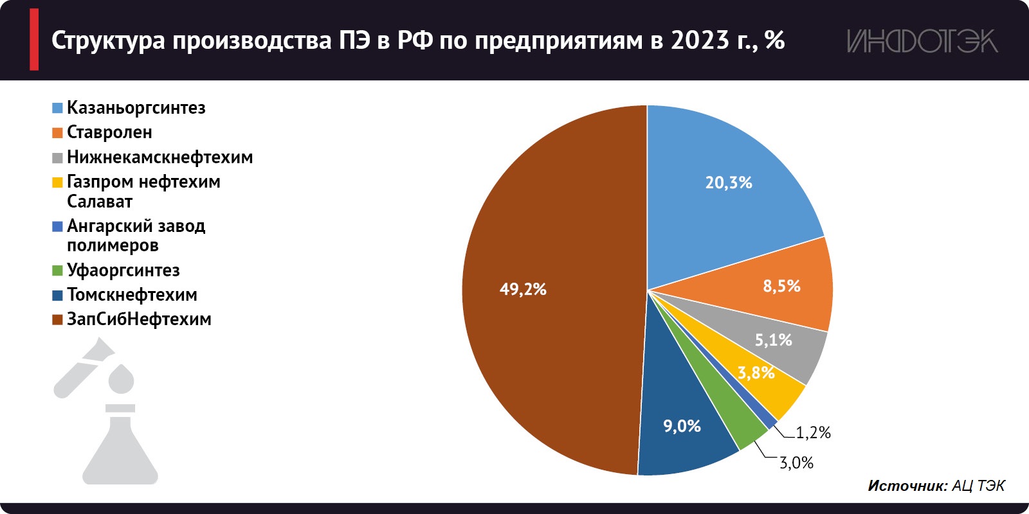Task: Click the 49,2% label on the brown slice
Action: click(x=523, y=289)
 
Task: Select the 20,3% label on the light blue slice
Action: click(x=728, y=183)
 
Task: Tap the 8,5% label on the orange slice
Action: click(x=781, y=286)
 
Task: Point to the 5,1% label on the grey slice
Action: click(x=773, y=340)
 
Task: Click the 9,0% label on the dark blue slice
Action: click(x=682, y=426)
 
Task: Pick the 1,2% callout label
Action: click(x=813, y=433)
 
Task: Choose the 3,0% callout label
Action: click(x=796, y=463)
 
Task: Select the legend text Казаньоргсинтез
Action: click(x=136, y=108)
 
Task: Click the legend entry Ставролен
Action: click(x=109, y=132)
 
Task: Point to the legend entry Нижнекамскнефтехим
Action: click(x=159, y=157)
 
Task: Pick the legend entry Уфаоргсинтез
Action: click(x=123, y=270)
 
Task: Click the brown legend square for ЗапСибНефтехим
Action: click(x=57, y=320)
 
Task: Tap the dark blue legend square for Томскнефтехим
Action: click(x=57, y=296)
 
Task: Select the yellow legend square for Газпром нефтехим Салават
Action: click(x=57, y=182)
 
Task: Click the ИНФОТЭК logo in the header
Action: click(x=922, y=41)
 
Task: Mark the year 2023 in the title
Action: click(x=700, y=40)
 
